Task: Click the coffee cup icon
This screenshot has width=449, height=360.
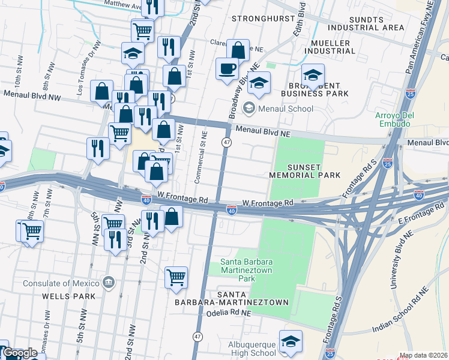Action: tap(228, 68)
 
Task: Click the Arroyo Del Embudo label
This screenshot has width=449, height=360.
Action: tap(392, 119)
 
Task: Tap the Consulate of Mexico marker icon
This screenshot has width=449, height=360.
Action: tap(108, 281)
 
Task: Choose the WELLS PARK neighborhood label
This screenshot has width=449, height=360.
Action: tap(65, 296)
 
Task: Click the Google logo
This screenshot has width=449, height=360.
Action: tap(20, 353)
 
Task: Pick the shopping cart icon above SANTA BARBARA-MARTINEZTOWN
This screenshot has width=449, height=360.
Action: tap(176, 277)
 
